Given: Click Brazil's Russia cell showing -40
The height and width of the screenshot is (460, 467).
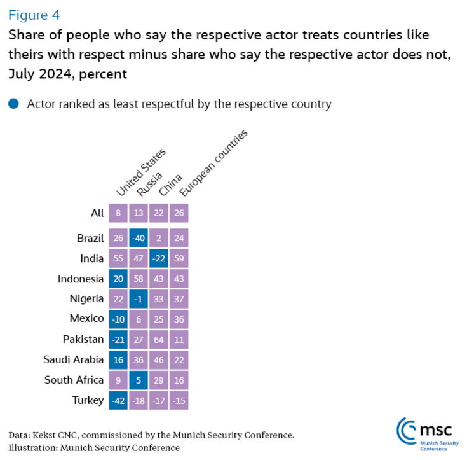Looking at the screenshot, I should coord(139,239).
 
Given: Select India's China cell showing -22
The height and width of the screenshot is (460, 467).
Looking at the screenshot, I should coord(159,260).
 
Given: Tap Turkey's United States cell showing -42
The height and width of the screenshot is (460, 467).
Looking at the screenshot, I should coord(118,400).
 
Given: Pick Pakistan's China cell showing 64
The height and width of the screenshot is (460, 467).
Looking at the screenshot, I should coord(159,340).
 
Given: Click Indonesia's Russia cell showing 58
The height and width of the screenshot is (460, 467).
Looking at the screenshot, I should coord(139,279).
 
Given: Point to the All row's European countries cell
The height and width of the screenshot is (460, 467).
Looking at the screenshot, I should coord(179,213).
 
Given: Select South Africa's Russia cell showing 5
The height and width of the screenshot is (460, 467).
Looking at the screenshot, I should coord(139,380).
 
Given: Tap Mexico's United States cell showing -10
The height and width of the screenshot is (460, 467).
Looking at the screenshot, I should coord(118,319).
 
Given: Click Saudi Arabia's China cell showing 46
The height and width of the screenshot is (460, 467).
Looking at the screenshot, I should coord(159,360).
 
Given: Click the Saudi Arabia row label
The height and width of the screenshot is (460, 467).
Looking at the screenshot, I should coord(73,360).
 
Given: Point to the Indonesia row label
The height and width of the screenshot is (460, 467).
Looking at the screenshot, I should coord(81,279).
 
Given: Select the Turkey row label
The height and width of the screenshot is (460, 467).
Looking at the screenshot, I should coord(88,400).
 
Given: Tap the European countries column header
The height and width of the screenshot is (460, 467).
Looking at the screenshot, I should coord(212,163).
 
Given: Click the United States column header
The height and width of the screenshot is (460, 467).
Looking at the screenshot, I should coord(140,172).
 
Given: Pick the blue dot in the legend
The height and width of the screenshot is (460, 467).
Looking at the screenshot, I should coord(14,103).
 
